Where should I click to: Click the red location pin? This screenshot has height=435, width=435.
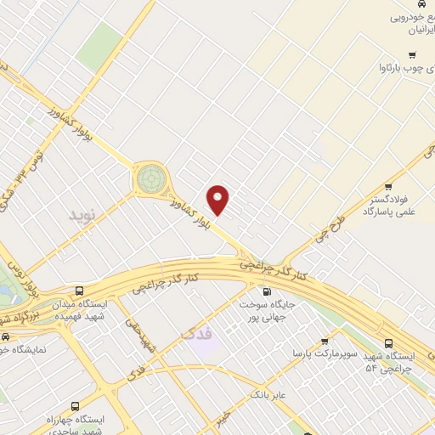(x=219, y=199)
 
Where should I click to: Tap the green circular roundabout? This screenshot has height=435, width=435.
(x=150, y=178)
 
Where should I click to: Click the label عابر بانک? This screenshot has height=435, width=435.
(x=270, y=395)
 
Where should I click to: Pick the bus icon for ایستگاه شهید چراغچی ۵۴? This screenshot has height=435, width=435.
(x=387, y=344)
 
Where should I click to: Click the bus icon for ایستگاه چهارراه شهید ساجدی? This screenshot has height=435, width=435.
(x=75, y=407)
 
